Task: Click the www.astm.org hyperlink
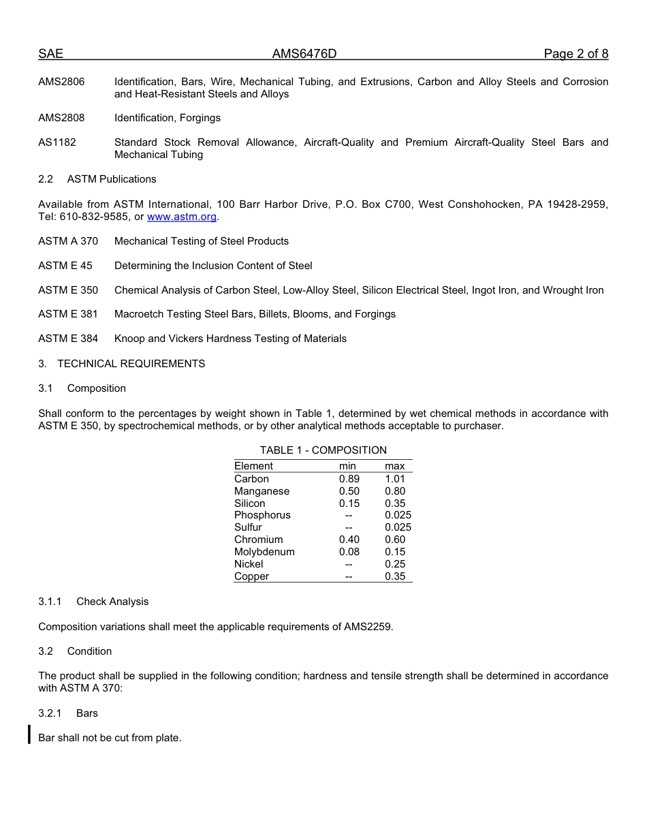[182, 217]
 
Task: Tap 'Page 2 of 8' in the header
[575, 54]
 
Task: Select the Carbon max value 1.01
[395, 479]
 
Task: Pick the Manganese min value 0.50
[349, 491]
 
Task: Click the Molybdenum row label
[264, 552]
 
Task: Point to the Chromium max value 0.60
[395, 540]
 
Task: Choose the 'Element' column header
[253, 466]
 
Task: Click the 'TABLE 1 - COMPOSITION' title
[323, 450]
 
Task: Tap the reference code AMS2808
[61, 118]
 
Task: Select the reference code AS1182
[57, 142]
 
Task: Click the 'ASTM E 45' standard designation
[65, 266]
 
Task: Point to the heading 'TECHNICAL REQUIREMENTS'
[131, 364]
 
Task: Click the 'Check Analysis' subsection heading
[112, 602]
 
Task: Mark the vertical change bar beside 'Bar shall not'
[29, 734]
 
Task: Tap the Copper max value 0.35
[395, 576]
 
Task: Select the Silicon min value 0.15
[349, 503]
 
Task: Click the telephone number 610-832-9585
[93, 217]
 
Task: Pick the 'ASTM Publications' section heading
[112, 179]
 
